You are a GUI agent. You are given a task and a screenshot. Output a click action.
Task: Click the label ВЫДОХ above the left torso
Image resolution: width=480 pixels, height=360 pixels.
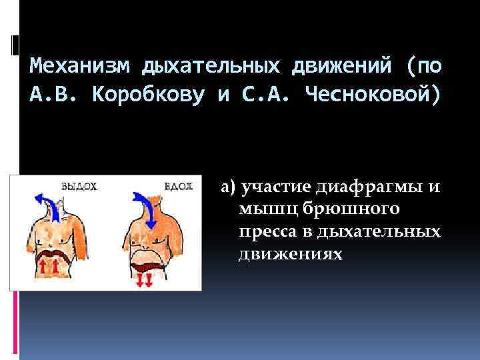coord(79,187)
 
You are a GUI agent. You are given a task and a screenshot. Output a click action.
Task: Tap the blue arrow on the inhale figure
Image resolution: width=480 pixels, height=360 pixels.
coord(145,207)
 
